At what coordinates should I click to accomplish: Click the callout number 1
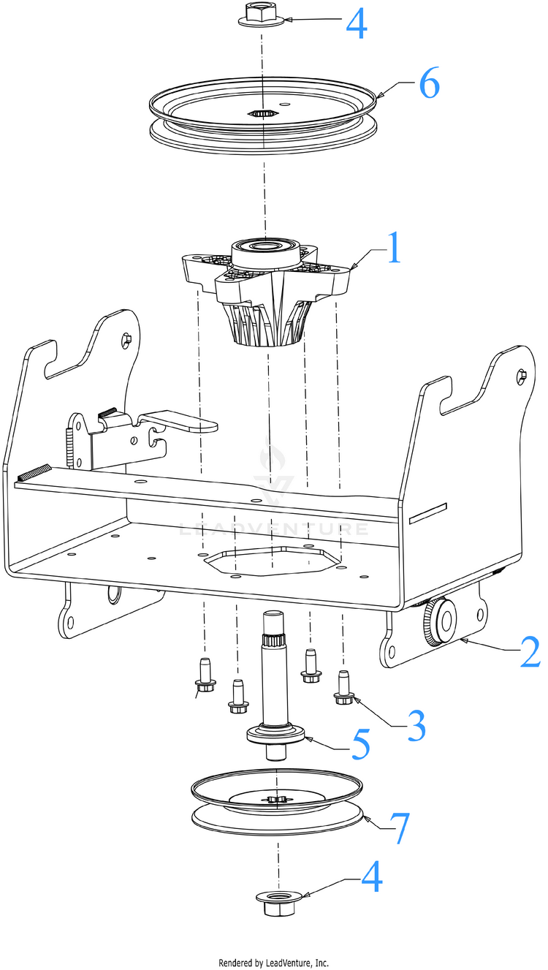click(393, 249)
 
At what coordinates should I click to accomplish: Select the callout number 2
click(530, 651)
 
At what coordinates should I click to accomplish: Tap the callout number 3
click(415, 724)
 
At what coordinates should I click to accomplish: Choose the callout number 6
click(428, 85)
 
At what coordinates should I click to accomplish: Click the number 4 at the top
click(357, 23)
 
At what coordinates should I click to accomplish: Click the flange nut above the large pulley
click(259, 15)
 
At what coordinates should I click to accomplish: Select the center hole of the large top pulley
click(261, 114)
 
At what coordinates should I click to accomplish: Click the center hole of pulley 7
click(275, 800)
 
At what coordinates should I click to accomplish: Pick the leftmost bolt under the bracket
click(205, 675)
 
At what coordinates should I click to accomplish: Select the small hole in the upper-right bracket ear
click(521, 376)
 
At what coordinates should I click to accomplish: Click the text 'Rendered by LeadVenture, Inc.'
click(274, 963)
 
